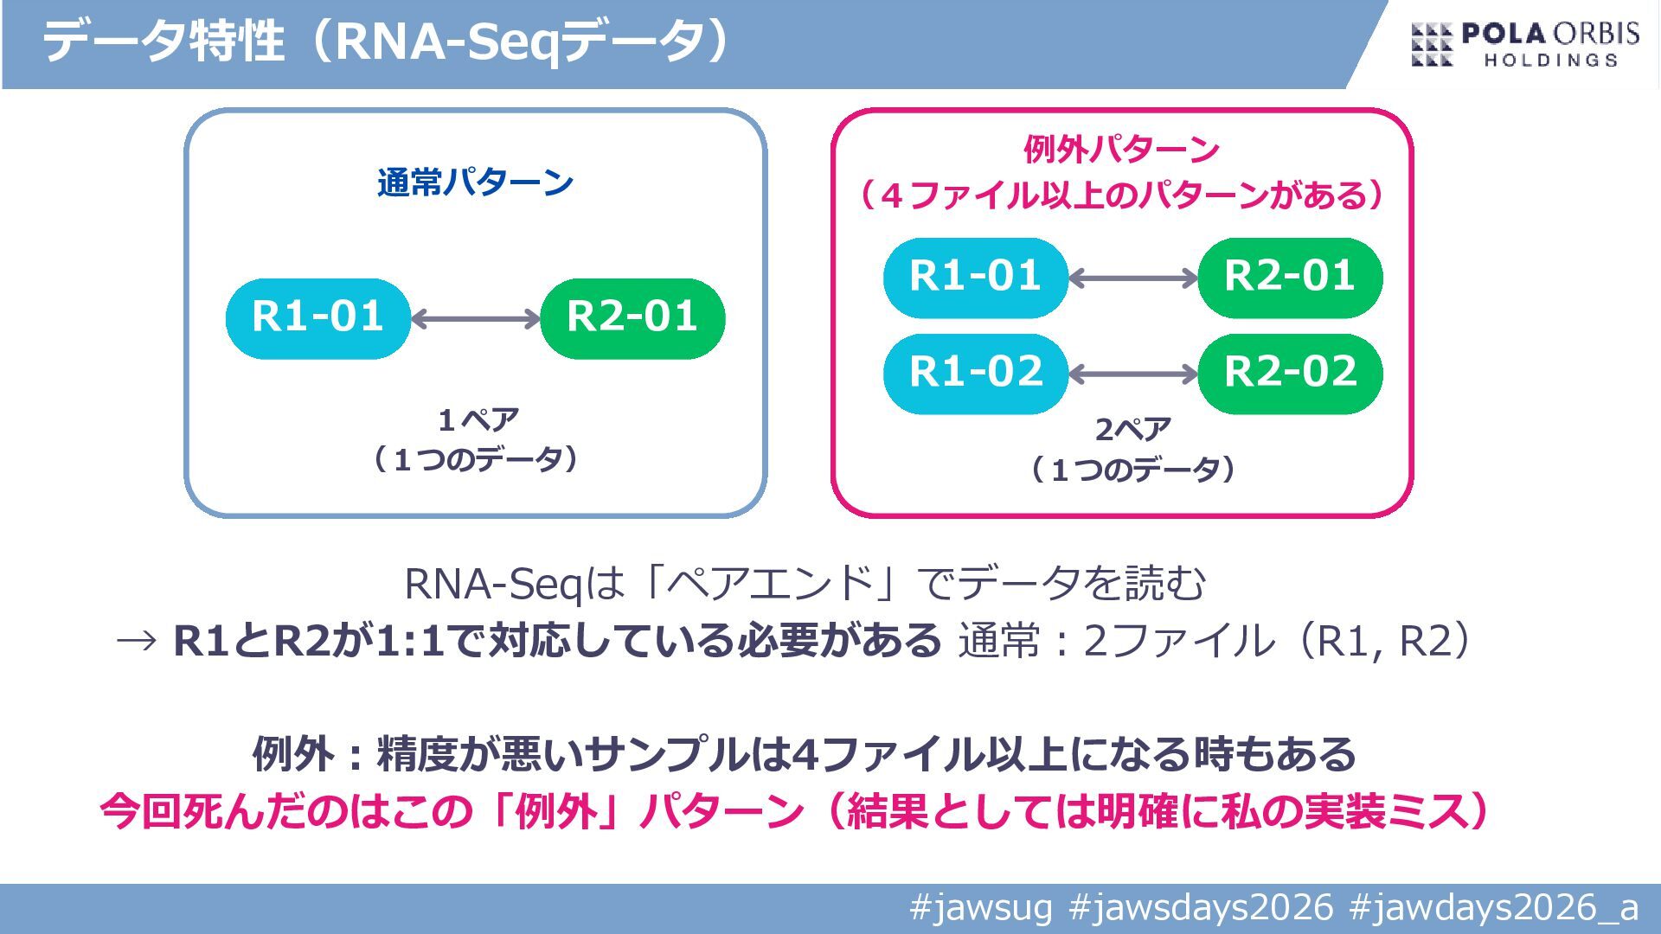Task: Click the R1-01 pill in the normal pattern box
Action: [317, 318]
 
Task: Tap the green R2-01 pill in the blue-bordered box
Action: [632, 318]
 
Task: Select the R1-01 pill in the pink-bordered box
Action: [975, 278]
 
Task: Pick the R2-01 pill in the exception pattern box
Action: [1290, 278]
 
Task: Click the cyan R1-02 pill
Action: [975, 374]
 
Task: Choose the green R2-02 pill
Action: [1290, 374]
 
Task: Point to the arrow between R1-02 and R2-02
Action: [1133, 374]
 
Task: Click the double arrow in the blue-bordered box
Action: [476, 319]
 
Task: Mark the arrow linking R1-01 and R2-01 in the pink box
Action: [1133, 278]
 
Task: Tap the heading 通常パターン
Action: [475, 183]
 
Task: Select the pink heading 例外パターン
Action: [1121, 150]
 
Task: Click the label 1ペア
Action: [478, 420]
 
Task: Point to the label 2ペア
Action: [1132, 429]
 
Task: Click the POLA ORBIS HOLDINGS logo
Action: [1525, 45]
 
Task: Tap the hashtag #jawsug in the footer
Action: [981, 908]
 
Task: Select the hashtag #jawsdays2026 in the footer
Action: [1201, 908]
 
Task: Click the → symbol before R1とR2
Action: [137, 641]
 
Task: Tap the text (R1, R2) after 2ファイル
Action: [1383, 641]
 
